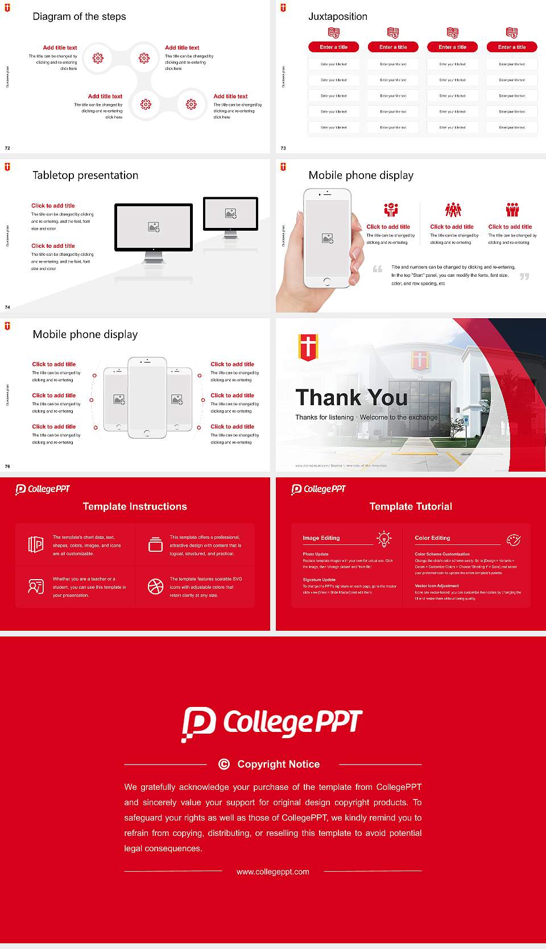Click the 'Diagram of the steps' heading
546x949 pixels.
(79, 16)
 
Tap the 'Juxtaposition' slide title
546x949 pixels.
(338, 16)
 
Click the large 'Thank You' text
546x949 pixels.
(351, 398)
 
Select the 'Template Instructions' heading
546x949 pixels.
(135, 506)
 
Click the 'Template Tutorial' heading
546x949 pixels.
(411, 506)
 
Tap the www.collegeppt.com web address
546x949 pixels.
(273, 872)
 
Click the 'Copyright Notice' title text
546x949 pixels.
(279, 764)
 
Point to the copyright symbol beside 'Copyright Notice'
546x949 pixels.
(224, 764)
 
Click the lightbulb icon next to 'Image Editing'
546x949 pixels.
(384, 539)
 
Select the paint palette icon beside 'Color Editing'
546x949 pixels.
(514, 539)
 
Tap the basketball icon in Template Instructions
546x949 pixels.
(155, 586)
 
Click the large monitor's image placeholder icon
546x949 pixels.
(154, 227)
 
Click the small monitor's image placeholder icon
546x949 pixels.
(230, 213)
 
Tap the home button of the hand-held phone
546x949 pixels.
(326, 281)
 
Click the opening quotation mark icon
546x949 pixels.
(378, 269)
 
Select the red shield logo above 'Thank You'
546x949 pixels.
(308, 347)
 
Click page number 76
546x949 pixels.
(7, 467)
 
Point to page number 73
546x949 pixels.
(283, 148)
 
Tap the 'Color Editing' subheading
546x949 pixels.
(432, 538)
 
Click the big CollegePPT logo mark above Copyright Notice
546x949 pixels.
(198, 724)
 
